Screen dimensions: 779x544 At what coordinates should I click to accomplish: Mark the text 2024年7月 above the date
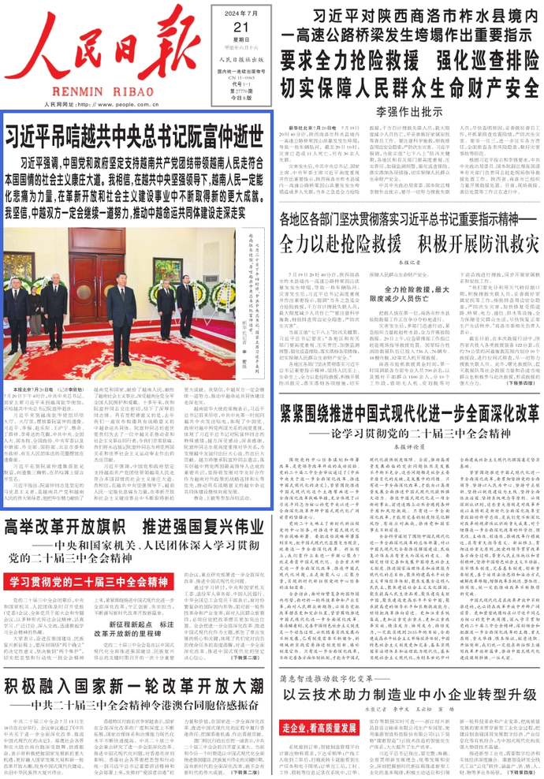[x=230, y=9]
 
